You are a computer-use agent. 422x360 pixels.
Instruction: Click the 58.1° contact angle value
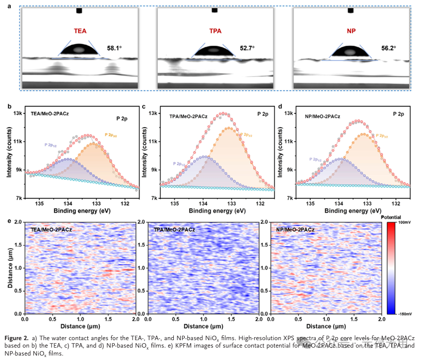115,49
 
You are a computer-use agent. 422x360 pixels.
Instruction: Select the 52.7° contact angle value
246,49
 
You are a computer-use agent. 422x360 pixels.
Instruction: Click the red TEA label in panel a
80,31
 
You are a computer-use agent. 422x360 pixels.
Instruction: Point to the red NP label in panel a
352,31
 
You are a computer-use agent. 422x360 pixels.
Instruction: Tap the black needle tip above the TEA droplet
79,10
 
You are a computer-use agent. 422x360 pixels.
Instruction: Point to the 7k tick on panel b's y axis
17,198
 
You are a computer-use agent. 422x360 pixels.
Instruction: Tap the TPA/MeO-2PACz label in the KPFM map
173,230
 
